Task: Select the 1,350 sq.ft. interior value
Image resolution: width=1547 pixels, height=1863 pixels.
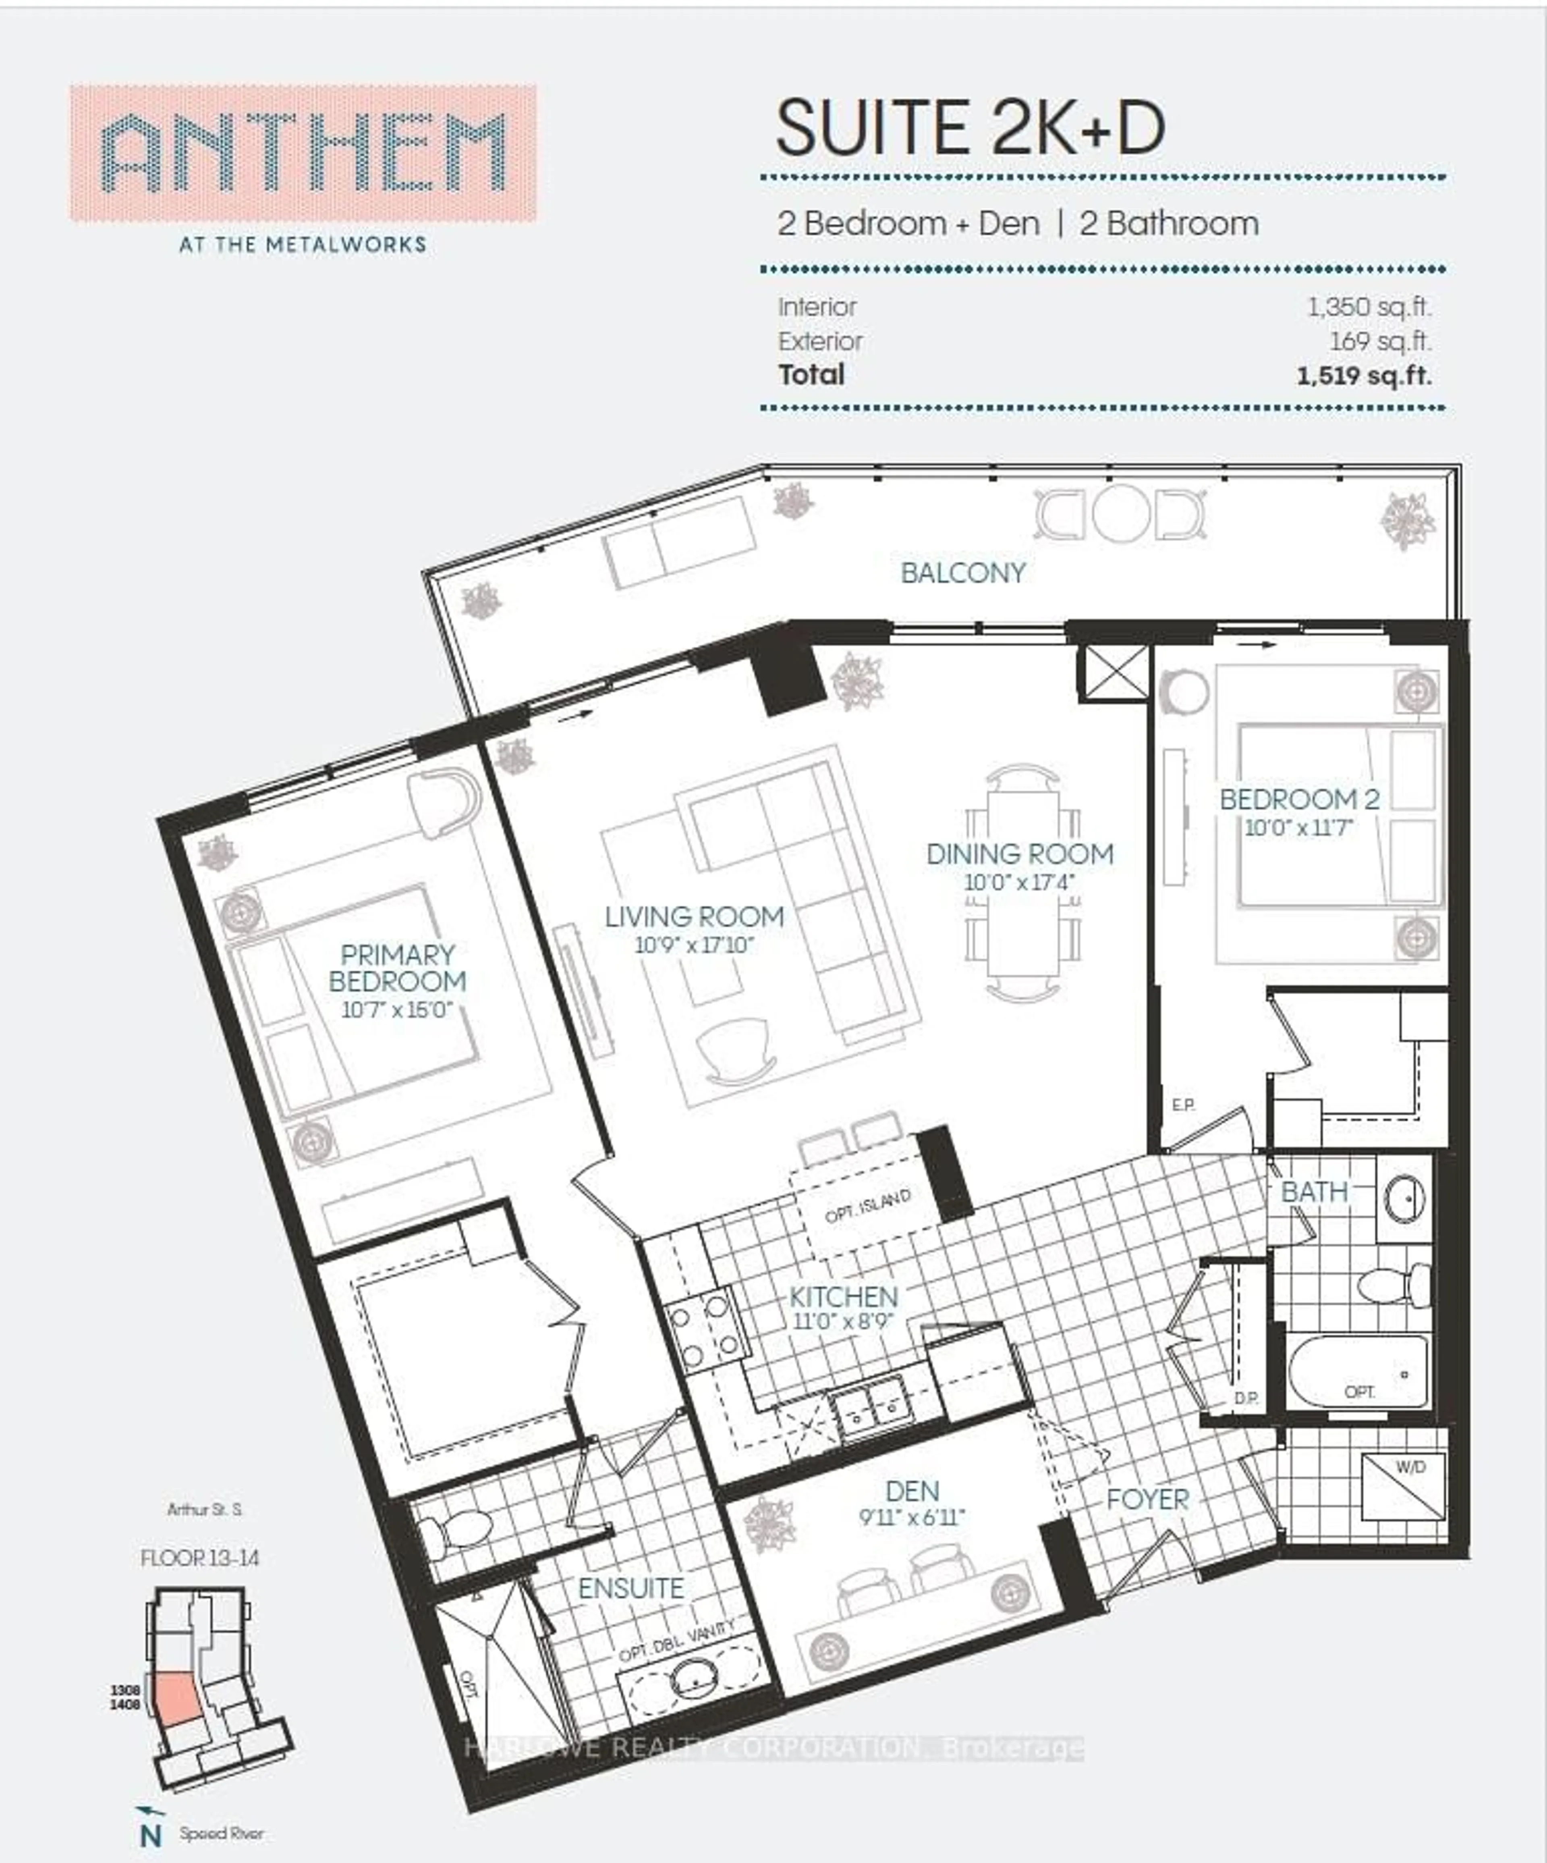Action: [1369, 307]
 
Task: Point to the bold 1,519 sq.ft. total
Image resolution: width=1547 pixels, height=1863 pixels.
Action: [1363, 375]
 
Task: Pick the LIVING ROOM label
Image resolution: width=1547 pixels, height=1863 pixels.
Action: [695, 916]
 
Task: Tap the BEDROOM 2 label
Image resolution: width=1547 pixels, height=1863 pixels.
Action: [1300, 799]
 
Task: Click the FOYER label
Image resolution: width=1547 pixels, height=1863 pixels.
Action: [1147, 1499]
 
